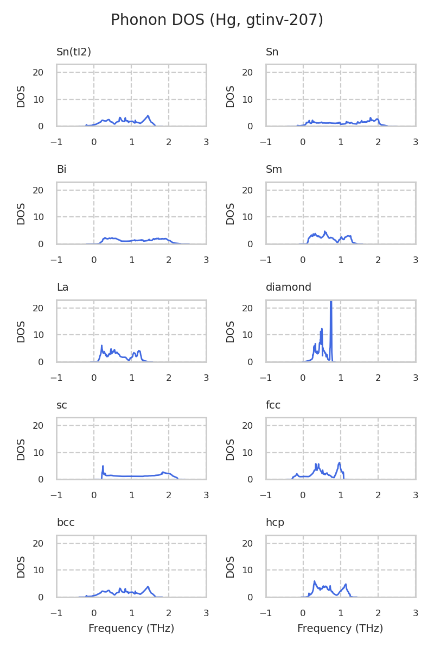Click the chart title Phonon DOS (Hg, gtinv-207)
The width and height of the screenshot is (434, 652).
coord(217,20)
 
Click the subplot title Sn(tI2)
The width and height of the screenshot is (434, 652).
coord(74,52)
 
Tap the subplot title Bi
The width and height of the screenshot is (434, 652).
coord(61,170)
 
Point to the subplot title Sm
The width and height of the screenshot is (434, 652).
coord(274,170)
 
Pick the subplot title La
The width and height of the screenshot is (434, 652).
coord(62,287)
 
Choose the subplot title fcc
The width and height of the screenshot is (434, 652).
coord(273,405)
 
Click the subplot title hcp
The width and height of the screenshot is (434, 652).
coord(275,523)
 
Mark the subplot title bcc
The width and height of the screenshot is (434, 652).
coord(66,523)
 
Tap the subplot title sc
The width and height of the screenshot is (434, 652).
coord(62,405)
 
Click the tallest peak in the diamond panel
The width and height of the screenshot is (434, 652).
coord(331,302)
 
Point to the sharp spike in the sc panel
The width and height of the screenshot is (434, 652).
coord(103,466)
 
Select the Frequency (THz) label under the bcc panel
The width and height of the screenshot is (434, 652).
coord(131,629)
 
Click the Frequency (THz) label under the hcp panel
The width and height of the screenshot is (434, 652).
coord(340,629)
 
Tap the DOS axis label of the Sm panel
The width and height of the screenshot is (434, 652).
coord(231,214)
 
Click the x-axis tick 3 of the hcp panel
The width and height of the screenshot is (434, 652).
coord(416,613)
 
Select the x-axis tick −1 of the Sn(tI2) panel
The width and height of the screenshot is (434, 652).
coord(56,142)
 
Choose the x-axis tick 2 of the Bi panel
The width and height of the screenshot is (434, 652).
coord(169,260)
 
